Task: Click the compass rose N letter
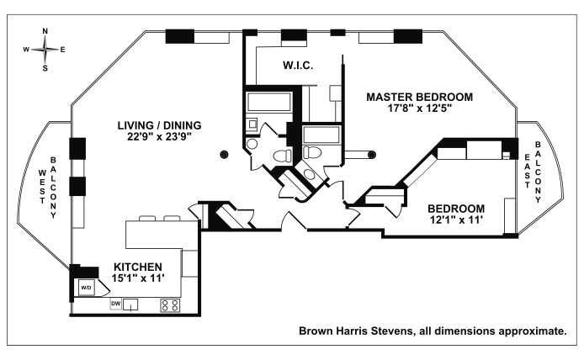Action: [x=45, y=31]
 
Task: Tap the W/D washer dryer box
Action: [x=86, y=288]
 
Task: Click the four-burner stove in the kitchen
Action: [x=170, y=305]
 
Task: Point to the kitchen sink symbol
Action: [x=132, y=305]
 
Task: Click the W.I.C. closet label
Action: [x=298, y=66]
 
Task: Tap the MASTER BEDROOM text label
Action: [x=420, y=97]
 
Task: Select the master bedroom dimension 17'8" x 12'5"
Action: [x=420, y=109]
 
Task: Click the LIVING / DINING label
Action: [x=160, y=125]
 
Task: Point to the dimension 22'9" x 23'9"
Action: [x=160, y=137]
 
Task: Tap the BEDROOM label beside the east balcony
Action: [x=455, y=209]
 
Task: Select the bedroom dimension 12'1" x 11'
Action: [x=455, y=221]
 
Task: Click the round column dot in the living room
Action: [x=224, y=154]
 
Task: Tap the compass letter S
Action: [x=45, y=69]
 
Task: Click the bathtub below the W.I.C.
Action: [x=268, y=105]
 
